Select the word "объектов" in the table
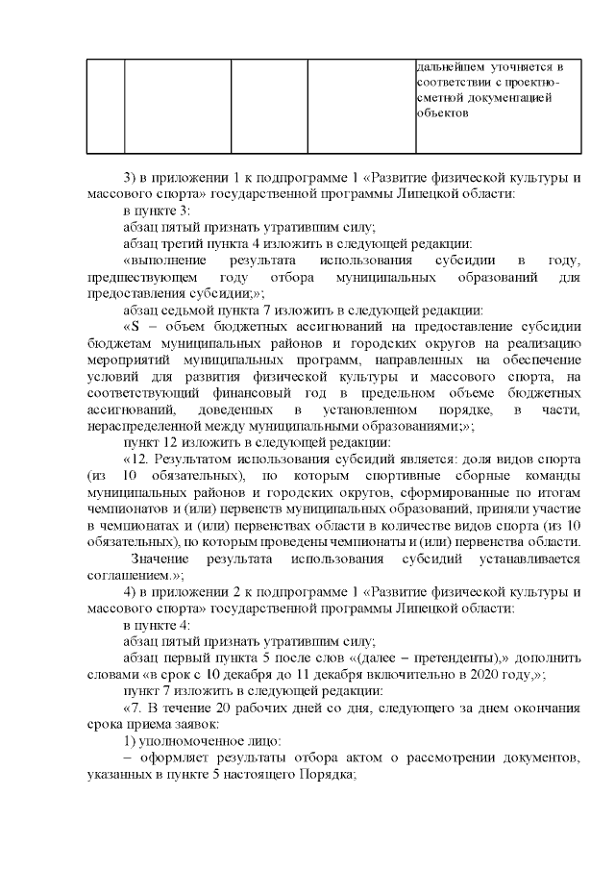442,112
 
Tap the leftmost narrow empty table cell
105,105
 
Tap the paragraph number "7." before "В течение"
141,708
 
